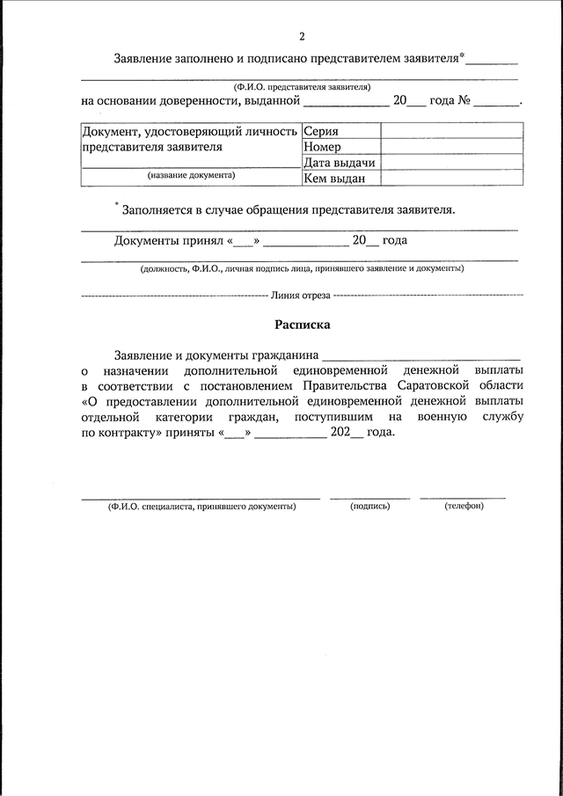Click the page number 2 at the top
tap(302, 37)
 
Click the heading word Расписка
tap(302, 325)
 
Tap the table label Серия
tap(321, 131)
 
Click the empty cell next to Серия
tap(449, 131)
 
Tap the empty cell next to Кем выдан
tap(449, 179)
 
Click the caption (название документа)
tap(191, 176)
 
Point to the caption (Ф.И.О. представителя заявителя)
tap(302, 86)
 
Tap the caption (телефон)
tap(464, 507)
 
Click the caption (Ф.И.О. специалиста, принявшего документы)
tap(201, 507)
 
